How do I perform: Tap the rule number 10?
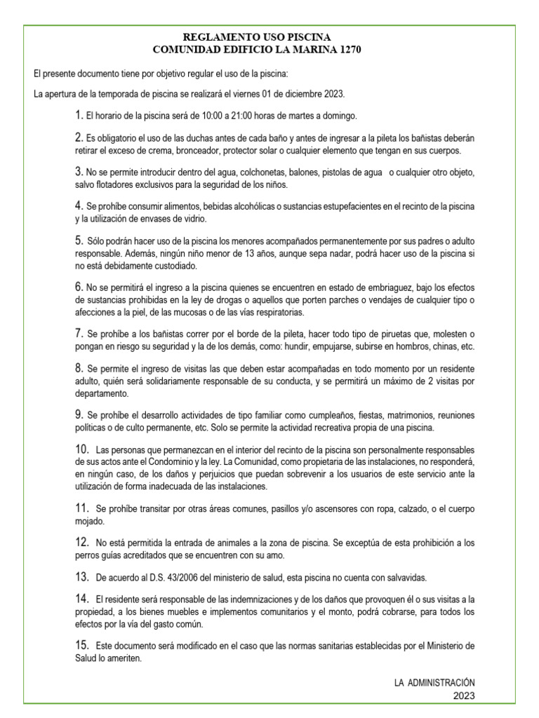[x=81, y=448]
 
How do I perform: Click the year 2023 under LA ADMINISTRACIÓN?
[x=465, y=696]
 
